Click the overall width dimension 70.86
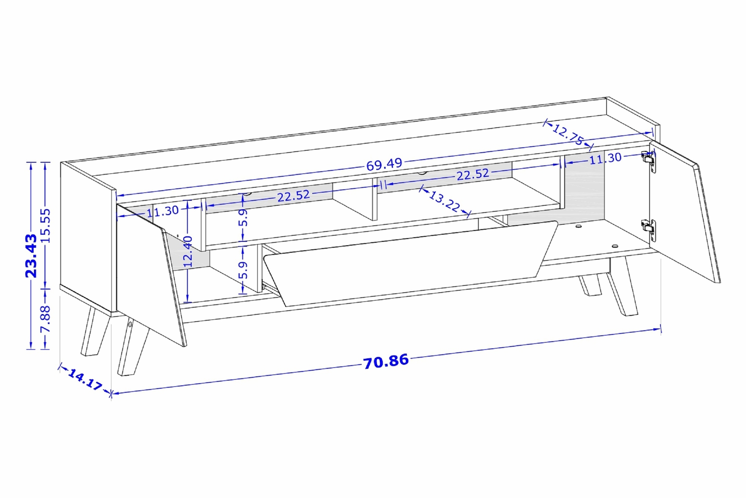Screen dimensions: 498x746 click(386, 361)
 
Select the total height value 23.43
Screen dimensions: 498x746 click(31, 255)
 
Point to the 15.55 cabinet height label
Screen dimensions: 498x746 click(46, 226)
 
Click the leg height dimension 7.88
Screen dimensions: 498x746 click(46, 319)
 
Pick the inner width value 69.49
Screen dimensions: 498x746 click(384, 164)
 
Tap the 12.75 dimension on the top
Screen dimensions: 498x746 click(568, 135)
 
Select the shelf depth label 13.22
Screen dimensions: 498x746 click(444, 202)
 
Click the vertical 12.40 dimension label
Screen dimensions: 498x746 click(188, 251)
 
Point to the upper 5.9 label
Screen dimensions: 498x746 click(243, 218)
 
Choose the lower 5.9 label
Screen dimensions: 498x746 click(243, 270)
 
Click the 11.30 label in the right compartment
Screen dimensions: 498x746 click(605, 158)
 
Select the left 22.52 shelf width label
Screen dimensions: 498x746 click(293, 195)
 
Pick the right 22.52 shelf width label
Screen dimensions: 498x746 click(472, 175)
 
